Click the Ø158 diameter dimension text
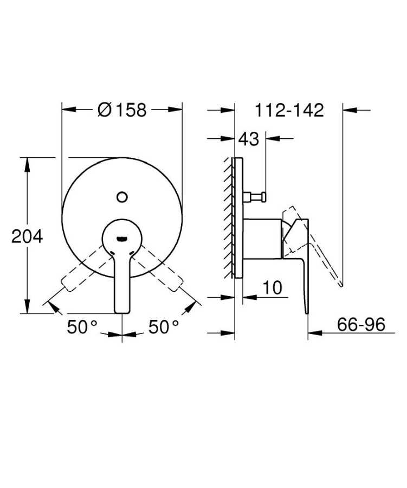pyautogui.click(x=122, y=110)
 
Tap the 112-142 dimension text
pyautogui.click(x=289, y=110)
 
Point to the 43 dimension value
pyautogui.click(x=249, y=139)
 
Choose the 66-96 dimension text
pyautogui.click(x=360, y=325)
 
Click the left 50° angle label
pyautogui.click(x=82, y=326)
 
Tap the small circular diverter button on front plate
pyautogui.click(x=122, y=196)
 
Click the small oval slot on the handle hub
pyautogui.click(x=122, y=237)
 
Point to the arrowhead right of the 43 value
pyautogui.click(x=270, y=138)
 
